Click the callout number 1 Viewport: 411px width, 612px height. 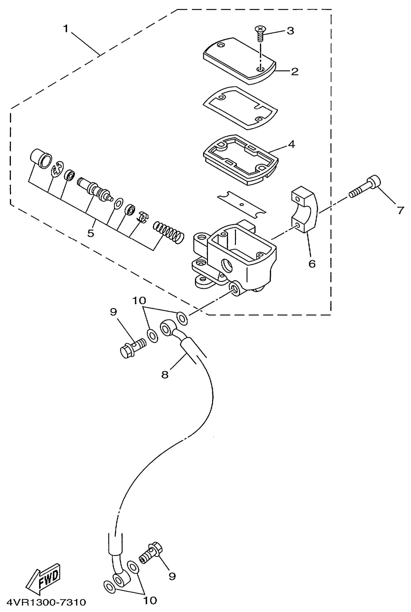66,29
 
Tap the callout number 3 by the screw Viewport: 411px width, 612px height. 290,31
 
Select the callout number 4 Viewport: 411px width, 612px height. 292,144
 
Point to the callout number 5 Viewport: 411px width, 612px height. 91,233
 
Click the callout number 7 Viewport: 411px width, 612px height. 400,210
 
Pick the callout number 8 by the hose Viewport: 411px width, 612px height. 165,374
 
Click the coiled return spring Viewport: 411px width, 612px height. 169,232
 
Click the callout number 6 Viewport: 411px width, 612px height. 312,264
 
